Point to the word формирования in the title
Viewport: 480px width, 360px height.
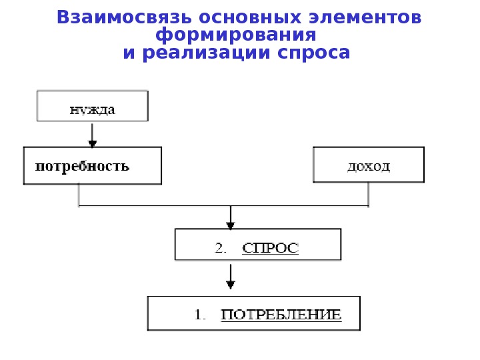(235, 35)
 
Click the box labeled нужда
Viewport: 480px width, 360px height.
(93, 106)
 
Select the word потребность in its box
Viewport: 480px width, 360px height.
(82, 165)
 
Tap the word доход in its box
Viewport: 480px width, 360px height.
(369, 165)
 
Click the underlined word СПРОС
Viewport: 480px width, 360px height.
(270, 248)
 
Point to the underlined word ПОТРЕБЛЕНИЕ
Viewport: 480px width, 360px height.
(281, 314)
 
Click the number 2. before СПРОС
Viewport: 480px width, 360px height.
(221, 248)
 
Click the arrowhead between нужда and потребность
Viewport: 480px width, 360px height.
(93, 143)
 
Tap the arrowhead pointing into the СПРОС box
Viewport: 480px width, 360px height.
(230, 225)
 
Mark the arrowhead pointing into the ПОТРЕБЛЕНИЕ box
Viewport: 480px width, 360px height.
(231, 285)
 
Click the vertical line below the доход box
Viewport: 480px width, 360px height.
(369, 194)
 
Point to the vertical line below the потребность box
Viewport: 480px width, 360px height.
(79, 194)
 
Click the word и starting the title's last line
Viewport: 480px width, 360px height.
(129, 53)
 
